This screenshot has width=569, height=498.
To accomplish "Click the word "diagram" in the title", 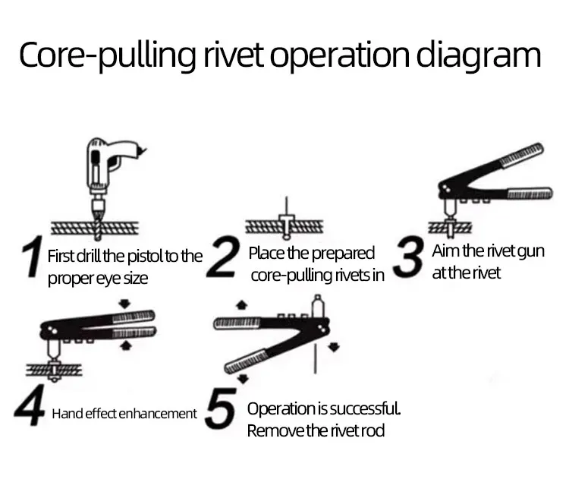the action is click(478, 55).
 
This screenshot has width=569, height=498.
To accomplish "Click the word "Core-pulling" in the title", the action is click(108, 55).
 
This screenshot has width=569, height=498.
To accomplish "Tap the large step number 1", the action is click(33, 257).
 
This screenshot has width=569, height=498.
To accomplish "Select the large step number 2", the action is click(223, 257).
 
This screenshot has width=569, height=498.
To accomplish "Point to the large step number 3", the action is click(408, 257).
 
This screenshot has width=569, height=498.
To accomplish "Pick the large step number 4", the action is click(30, 405).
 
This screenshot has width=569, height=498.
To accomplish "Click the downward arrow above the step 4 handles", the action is click(125, 304).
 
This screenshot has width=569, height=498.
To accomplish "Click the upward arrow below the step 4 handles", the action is click(125, 345).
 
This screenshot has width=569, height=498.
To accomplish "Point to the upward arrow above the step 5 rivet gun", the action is click(242, 305).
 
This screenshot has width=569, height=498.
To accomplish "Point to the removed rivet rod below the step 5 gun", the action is click(316, 358).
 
